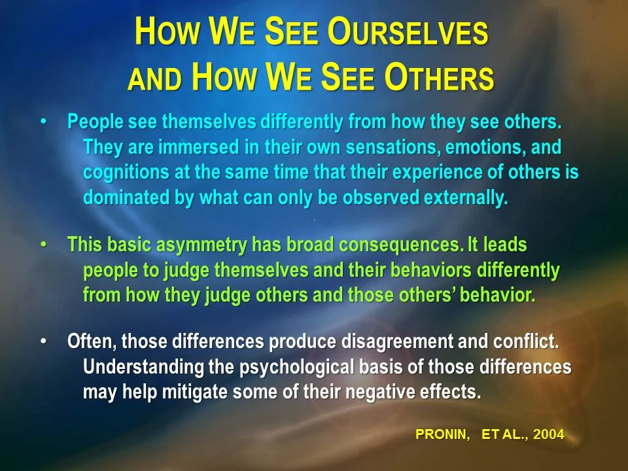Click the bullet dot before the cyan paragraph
click(x=44, y=122)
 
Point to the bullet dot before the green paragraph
click(x=44, y=245)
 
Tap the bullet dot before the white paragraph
click(x=44, y=341)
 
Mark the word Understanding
click(x=143, y=367)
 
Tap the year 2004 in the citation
click(x=548, y=435)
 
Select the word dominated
click(x=124, y=199)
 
